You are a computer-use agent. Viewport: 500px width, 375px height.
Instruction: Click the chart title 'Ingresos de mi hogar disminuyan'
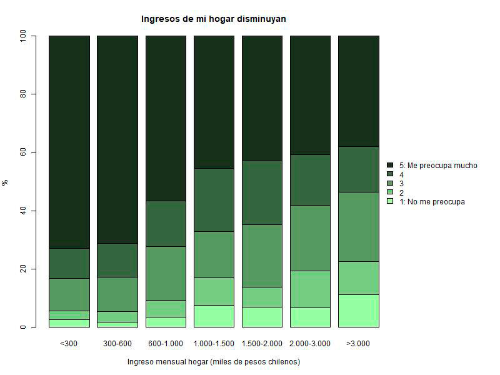(x=214, y=19)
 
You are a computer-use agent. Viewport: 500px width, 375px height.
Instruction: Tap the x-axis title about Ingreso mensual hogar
(x=214, y=362)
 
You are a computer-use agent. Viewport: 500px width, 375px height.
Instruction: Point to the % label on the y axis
(x=6, y=182)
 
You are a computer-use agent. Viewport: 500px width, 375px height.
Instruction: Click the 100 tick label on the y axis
(x=24, y=36)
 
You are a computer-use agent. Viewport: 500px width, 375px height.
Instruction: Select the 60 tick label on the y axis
(x=24, y=152)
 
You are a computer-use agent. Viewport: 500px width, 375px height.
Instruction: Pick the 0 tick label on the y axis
(x=24, y=327)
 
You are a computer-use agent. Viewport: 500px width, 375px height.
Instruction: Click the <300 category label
(x=69, y=344)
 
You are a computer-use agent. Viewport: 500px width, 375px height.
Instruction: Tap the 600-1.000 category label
(x=165, y=344)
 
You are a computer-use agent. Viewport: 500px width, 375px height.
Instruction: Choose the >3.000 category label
(x=358, y=344)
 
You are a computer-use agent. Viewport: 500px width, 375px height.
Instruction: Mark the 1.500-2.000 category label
(x=262, y=344)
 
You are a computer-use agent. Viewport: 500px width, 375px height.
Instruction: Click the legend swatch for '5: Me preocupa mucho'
(x=390, y=166)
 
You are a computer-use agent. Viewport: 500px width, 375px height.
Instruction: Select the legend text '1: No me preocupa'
(x=432, y=202)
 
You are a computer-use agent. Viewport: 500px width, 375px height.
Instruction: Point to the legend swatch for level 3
(x=390, y=184)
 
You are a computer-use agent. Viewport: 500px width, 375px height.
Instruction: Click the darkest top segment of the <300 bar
(x=69, y=142)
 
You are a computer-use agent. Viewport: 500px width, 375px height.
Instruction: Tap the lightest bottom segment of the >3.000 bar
(x=358, y=311)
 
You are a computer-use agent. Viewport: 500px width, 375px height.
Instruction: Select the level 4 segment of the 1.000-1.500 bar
(x=214, y=200)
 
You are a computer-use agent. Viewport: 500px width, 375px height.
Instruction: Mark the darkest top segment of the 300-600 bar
(x=117, y=139)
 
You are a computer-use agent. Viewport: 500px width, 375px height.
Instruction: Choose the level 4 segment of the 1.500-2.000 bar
(x=262, y=192)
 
